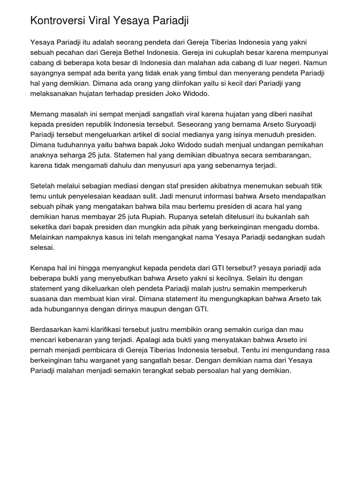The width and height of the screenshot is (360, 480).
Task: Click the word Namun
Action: pyautogui.click(x=318, y=62)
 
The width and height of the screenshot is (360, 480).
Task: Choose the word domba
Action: pyautogui.click(x=307, y=227)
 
